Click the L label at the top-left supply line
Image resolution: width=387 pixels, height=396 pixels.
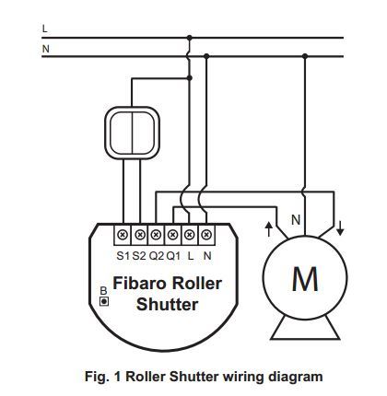point(44,29)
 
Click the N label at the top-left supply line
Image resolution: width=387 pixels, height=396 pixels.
point(44,47)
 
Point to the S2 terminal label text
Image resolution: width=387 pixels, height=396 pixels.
point(139,254)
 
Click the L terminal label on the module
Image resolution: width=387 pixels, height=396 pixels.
point(190,254)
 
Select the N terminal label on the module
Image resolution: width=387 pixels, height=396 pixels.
point(206,254)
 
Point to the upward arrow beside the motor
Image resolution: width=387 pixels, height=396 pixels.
point(268,227)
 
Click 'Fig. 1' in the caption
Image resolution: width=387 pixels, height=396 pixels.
point(102,377)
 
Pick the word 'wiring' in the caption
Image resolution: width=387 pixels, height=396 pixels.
point(243,377)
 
